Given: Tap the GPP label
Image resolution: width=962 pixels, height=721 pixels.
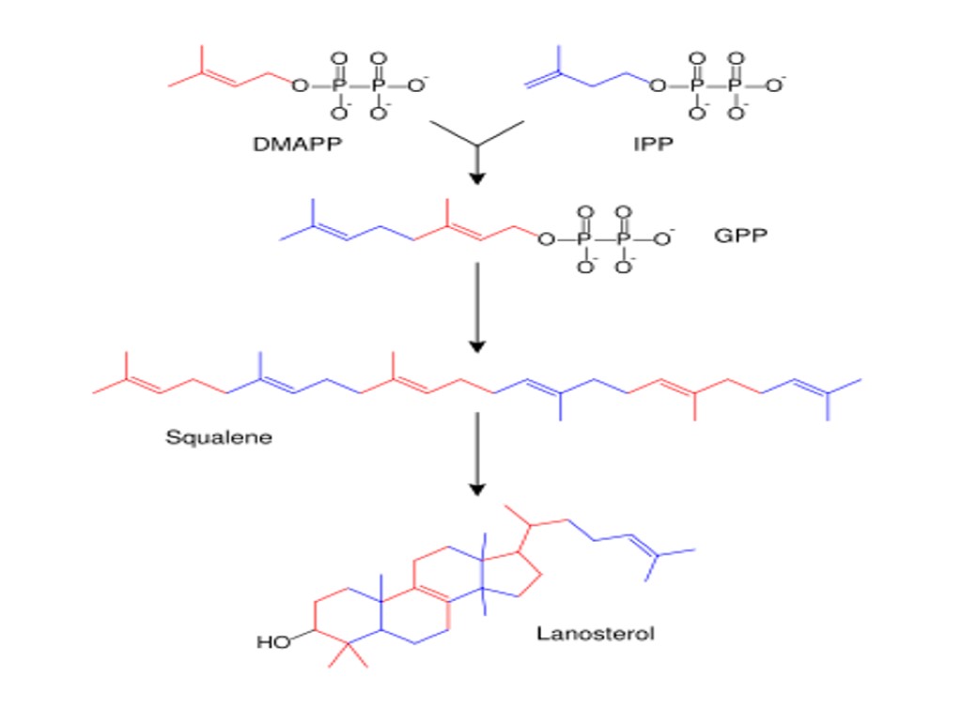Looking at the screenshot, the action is [x=739, y=235].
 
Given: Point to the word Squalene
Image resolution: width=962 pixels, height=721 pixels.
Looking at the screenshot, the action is [x=219, y=437].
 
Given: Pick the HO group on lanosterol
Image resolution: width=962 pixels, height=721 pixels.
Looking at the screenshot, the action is [x=272, y=643].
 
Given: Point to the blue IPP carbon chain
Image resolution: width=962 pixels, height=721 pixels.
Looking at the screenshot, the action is [x=582, y=79].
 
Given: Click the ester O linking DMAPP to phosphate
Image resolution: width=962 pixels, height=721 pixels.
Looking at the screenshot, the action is [x=299, y=86].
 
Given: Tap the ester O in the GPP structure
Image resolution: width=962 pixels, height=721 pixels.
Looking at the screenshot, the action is [x=544, y=238].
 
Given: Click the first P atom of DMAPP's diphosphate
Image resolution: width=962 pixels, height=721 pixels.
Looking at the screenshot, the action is [x=339, y=86].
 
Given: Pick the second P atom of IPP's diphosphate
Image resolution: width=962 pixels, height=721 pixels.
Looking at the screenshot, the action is [x=736, y=86].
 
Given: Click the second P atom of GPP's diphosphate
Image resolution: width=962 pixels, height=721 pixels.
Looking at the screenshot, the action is [x=623, y=238].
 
